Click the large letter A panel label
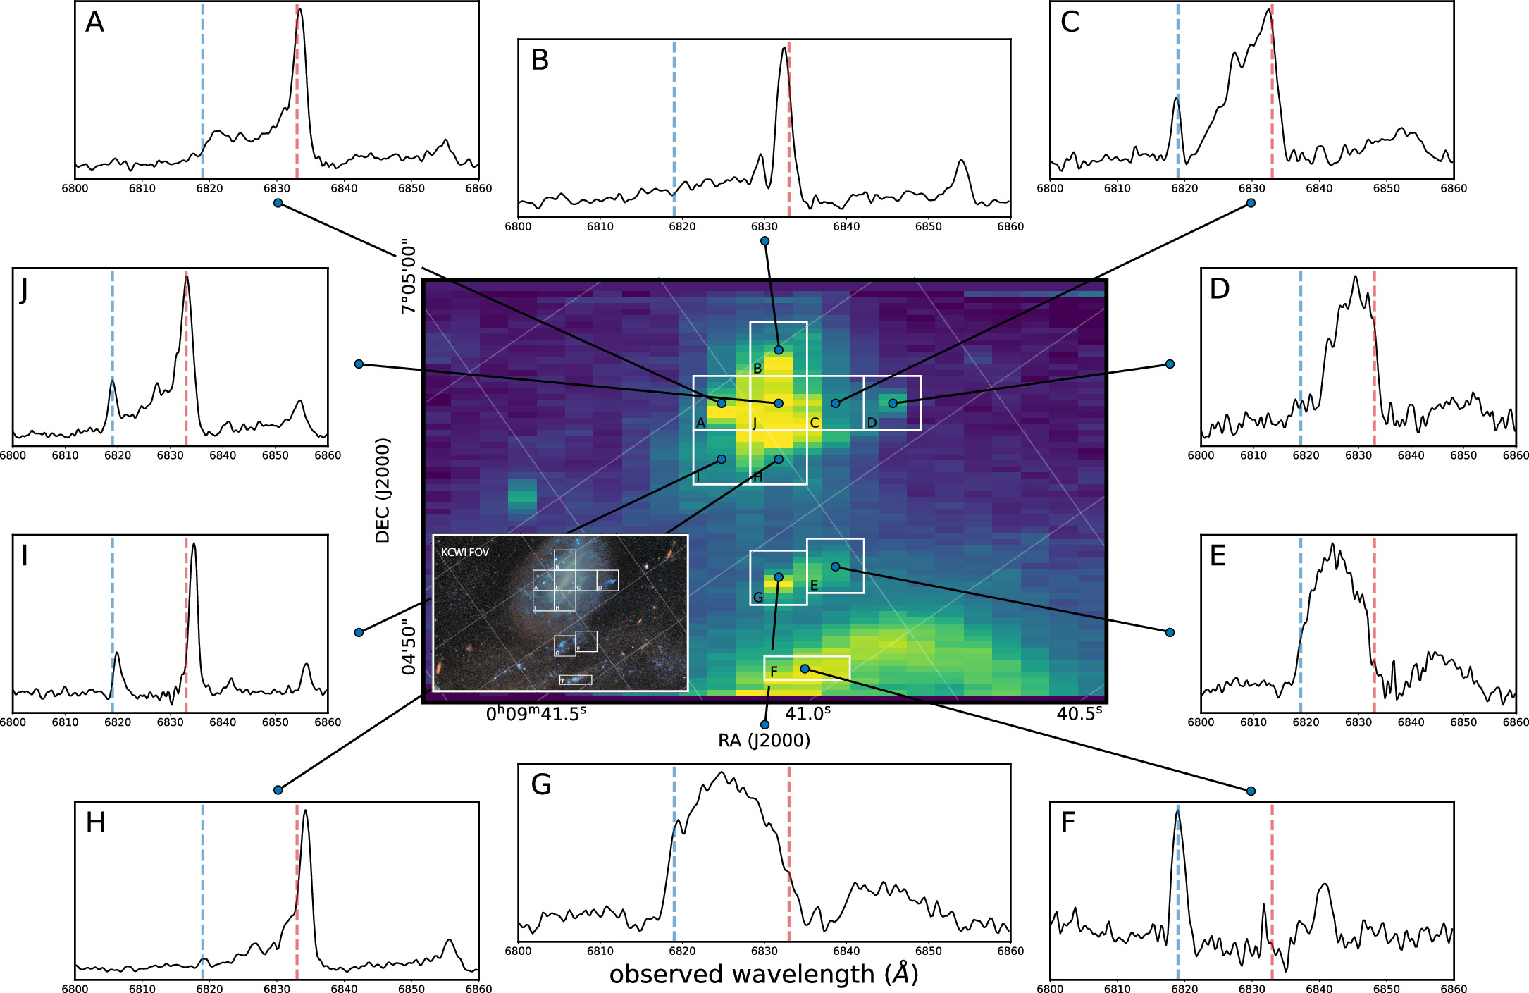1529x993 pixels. pos(94,23)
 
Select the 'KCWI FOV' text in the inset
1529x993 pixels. pos(464,553)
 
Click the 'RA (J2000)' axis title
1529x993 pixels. pos(764,741)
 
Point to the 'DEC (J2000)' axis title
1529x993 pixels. pos(383,491)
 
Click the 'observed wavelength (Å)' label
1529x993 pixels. pos(764,975)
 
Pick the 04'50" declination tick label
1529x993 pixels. pos(409,647)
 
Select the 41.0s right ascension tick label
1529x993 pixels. pos(807,714)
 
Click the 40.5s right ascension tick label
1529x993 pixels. pos(1079,714)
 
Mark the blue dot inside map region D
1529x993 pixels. pos(893,403)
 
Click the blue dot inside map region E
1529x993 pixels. pos(835,567)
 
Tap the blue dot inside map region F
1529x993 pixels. pos(805,669)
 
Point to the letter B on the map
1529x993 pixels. pos(757,369)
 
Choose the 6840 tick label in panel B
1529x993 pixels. pos(846,227)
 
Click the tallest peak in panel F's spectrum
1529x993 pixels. pos(1177,812)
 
